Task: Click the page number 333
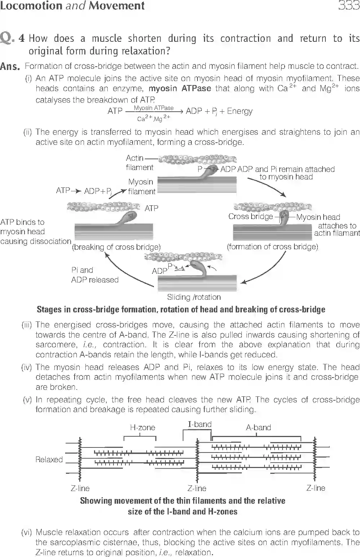[x=348, y=6]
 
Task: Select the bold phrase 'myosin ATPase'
[x=180, y=89]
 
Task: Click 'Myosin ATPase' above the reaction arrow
[x=154, y=108]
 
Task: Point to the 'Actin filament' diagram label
[x=139, y=162]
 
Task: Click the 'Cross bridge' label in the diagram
[x=250, y=217]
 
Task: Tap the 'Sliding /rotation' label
[x=194, y=297]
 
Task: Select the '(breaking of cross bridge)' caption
[x=116, y=247]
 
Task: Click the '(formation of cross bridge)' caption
[x=272, y=247]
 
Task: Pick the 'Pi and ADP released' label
[x=94, y=275]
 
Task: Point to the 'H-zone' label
[x=142, y=428]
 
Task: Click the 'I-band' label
[x=200, y=424]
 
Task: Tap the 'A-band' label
[x=258, y=428]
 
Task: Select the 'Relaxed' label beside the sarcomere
[x=49, y=460]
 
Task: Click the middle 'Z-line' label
[x=197, y=489]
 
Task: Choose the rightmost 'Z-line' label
[x=316, y=488]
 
